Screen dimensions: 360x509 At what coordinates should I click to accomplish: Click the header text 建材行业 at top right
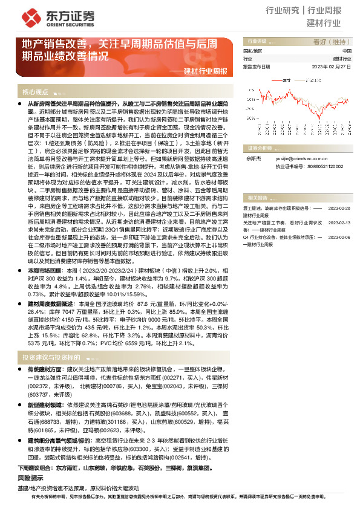324,24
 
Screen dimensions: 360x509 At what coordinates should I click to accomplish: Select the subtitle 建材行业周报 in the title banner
205,71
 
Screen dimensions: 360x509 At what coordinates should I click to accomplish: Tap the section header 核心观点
36,92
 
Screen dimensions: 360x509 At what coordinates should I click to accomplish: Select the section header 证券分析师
260,148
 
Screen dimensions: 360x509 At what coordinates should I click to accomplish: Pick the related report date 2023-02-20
339,207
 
